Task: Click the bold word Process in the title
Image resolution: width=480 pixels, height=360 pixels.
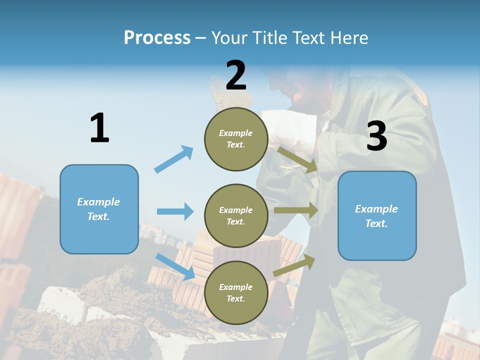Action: point(157,38)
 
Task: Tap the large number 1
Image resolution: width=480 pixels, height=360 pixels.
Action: point(99,128)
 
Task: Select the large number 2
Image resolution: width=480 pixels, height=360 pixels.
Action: point(236,75)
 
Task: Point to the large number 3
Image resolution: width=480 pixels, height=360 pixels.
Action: point(376,136)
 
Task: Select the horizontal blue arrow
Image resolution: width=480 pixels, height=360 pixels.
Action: point(175,211)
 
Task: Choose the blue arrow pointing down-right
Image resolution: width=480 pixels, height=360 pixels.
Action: point(175,266)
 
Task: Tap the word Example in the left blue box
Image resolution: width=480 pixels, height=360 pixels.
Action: point(98,202)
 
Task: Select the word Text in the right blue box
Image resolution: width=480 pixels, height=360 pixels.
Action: point(376,223)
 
